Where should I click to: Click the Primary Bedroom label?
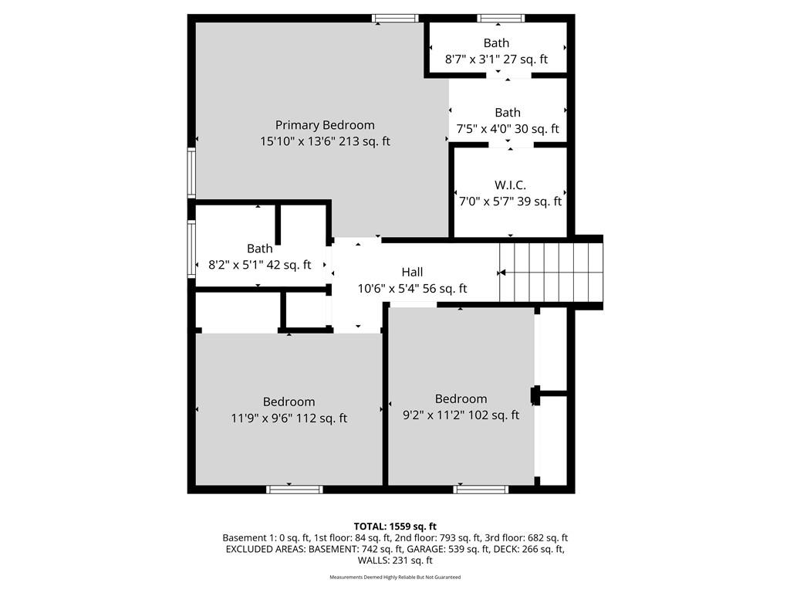coord(325,125)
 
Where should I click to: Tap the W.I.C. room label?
coord(510,185)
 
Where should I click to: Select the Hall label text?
coord(412,273)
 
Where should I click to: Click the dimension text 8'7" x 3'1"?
coord(472,59)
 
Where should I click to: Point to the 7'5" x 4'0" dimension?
coord(484,129)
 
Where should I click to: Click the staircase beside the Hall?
coord(551,273)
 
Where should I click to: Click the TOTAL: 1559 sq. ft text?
coord(395,527)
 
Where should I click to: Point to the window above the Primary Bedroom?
coord(396,19)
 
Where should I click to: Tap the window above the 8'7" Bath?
coord(501,19)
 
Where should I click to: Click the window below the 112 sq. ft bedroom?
coord(295,489)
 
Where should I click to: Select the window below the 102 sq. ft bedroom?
coord(481,489)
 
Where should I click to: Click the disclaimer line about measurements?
coord(395,577)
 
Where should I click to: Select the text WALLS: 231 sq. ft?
coord(395,561)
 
